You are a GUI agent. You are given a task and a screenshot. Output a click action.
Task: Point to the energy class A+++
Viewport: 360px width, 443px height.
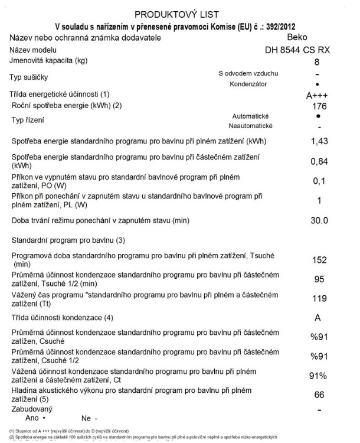click(318, 95)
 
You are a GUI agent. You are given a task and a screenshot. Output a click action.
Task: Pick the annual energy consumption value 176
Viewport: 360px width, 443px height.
click(319, 106)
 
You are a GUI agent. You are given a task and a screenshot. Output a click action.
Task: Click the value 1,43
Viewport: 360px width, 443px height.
click(319, 141)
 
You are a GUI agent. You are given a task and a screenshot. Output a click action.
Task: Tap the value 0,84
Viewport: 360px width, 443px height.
click(319, 161)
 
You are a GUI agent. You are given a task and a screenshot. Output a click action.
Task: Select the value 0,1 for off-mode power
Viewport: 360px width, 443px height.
click(319, 180)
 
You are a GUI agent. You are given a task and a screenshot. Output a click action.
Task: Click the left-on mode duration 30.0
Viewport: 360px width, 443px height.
click(319, 220)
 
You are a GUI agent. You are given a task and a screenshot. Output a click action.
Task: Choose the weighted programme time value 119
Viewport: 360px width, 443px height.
click(319, 298)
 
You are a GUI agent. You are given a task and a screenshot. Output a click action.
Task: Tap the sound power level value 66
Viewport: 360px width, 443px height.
click(319, 394)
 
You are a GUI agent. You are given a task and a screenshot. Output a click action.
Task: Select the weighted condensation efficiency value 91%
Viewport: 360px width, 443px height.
click(319, 376)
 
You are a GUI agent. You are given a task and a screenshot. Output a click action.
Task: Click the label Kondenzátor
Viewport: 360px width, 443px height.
click(247, 84)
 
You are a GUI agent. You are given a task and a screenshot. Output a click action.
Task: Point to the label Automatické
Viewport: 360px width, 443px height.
click(251, 116)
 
